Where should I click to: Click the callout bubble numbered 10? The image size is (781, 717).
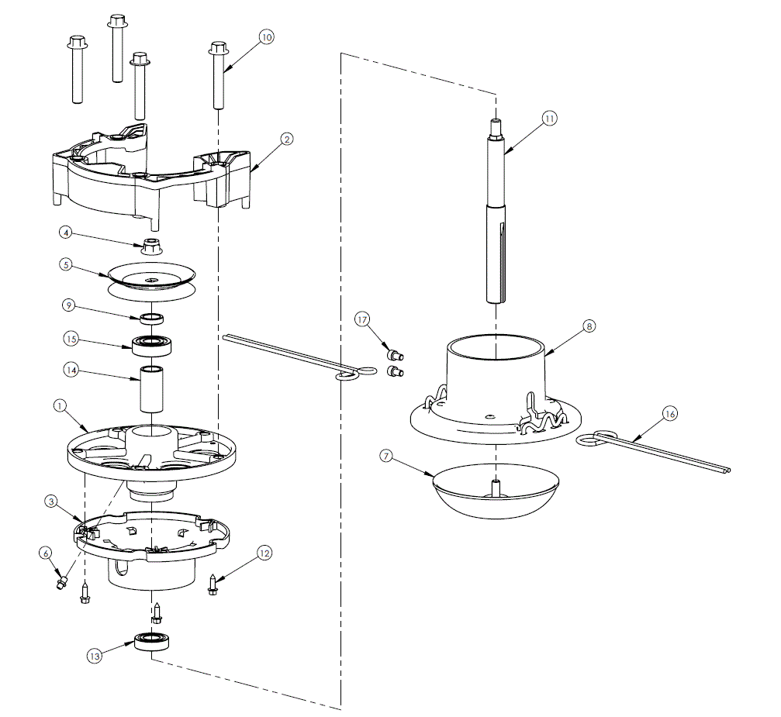pyautogui.click(x=266, y=37)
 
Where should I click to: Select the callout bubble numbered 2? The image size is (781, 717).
pyautogui.click(x=286, y=139)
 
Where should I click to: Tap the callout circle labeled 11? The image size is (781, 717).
pyautogui.click(x=549, y=119)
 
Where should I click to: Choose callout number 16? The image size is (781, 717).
pyautogui.click(x=669, y=414)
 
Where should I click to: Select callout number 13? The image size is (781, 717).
pyautogui.click(x=95, y=656)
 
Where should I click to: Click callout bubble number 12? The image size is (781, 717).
pyautogui.click(x=265, y=553)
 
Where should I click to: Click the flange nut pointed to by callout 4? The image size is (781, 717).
pyautogui.click(x=153, y=249)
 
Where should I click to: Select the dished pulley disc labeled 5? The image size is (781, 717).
pyautogui.click(x=152, y=278)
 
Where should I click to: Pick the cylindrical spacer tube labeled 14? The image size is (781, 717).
pyautogui.click(x=152, y=388)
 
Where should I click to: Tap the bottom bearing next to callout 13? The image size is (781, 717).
pyautogui.click(x=152, y=642)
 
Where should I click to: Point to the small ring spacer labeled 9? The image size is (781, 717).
pyautogui.click(x=152, y=317)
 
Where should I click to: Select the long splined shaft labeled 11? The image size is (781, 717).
pyautogui.click(x=496, y=217)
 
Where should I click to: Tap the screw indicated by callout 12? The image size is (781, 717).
pyautogui.click(x=213, y=585)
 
